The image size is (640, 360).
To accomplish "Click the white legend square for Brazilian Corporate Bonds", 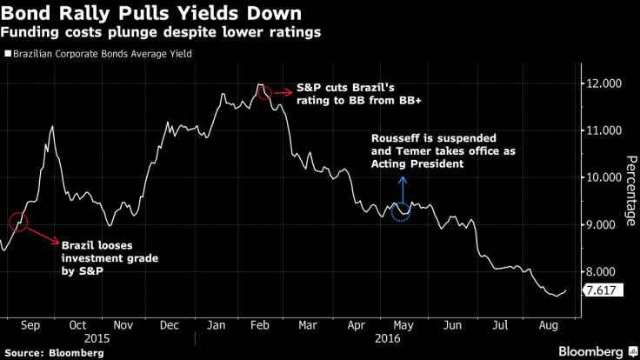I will [x=7, y=54].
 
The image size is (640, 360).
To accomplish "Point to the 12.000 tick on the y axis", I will [x=602, y=83].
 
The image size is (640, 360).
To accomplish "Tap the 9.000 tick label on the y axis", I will [x=602, y=224].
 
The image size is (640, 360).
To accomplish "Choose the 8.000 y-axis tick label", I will [x=602, y=271].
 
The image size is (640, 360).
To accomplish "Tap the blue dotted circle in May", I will [x=401, y=211].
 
